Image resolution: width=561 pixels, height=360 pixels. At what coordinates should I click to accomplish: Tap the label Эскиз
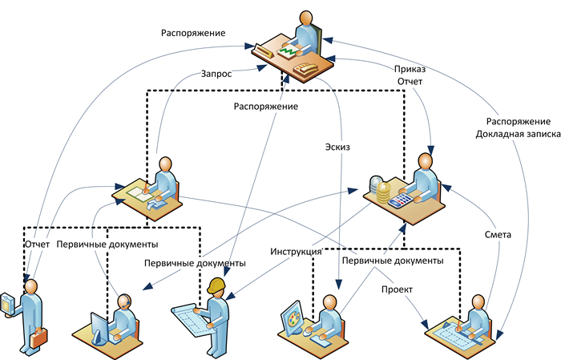tap(338, 147)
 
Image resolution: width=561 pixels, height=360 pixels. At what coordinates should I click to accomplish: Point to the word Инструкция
tap(296, 249)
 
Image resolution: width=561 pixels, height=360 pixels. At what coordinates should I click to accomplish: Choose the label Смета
tap(498, 235)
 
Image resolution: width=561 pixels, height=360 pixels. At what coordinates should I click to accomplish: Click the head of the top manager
tap(306, 18)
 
